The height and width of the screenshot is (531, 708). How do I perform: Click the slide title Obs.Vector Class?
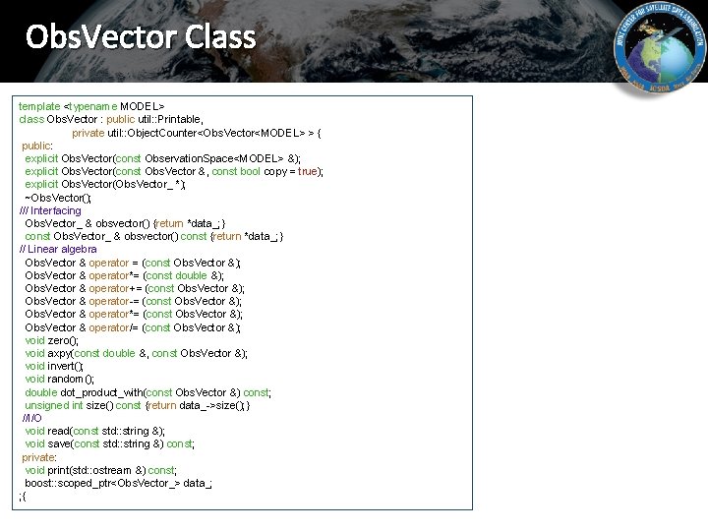[141, 37]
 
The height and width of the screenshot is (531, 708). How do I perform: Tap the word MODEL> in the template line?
[142, 106]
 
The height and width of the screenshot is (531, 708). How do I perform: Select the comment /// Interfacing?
[50, 210]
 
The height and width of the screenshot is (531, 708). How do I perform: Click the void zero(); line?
[51, 340]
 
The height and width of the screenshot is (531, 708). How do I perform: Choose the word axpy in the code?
[60, 353]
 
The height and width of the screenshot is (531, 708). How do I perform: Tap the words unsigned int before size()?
[54, 405]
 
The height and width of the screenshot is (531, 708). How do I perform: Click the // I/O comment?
[31, 418]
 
